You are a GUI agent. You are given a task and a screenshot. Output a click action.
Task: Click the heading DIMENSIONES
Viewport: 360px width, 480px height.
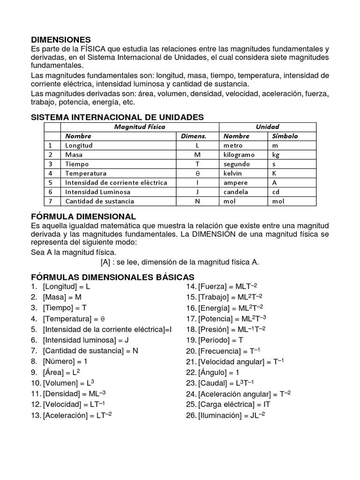pos(60,40)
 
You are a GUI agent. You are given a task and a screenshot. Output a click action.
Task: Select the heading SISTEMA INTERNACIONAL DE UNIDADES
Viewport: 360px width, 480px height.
pos(117,117)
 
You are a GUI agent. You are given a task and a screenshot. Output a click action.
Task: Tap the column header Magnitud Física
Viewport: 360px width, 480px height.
pos(140,127)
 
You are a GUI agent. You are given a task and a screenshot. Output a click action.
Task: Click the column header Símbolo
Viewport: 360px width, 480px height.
pos(285,136)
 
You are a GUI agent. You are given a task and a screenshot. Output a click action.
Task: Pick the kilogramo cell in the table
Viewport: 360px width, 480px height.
pos(239,155)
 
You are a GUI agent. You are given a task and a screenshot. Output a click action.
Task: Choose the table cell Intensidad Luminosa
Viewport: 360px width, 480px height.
pos(97,192)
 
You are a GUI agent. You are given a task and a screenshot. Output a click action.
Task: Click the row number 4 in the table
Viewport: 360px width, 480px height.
pos(50,173)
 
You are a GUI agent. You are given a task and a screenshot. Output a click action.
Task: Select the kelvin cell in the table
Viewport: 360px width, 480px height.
pos(233,173)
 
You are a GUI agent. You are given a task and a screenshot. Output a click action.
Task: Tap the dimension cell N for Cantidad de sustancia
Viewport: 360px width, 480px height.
pos(197,201)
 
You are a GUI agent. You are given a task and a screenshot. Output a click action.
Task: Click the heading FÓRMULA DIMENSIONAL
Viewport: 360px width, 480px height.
pos(83,217)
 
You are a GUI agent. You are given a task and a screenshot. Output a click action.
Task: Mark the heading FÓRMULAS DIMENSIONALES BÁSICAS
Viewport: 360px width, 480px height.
pos(112,277)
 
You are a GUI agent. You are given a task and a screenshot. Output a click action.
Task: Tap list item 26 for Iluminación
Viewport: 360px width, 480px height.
pos(225,415)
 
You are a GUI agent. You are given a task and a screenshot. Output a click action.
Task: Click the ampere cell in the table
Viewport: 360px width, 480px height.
pos(235,182)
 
